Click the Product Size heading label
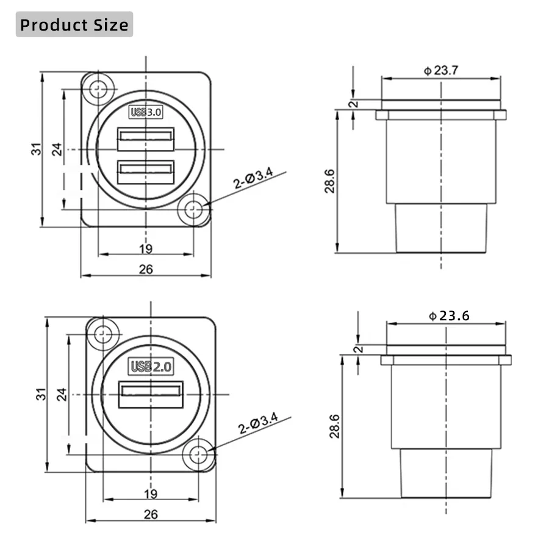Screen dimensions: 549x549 click(x=74, y=25)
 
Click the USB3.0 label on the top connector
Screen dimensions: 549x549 click(x=145, y=112)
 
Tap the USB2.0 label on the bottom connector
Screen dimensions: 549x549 click(x=152, y=366)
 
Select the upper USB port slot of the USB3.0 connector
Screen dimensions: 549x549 click(x=146, y=139)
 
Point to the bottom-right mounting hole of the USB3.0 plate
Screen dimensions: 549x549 click(x=193, y=210)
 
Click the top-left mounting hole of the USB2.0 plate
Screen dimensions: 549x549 click(x=103, y=334)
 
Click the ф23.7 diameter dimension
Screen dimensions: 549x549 click(x=440, y=70)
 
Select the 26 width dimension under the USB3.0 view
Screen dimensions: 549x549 click(x=146, y=269)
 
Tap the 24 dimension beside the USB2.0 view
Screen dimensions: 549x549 click(x=62, y=393)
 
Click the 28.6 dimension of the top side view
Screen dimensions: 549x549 click(x=329, y=181)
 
